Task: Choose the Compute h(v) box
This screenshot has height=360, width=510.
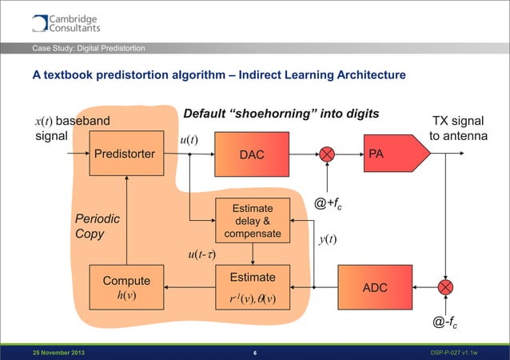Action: [126, 287]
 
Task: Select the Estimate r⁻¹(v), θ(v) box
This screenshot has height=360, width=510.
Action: [253, 287]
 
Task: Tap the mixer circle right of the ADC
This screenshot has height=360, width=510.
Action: [444, 286]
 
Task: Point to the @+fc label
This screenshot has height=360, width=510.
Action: [330, 205]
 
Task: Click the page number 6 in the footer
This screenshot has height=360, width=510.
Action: [253, 353]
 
